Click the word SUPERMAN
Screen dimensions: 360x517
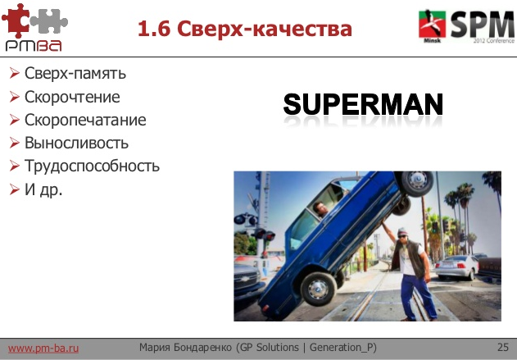click(x=363, y=104)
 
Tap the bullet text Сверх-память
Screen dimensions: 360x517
click(x=75, y=74)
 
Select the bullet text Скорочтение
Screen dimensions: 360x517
click(x=72, y=97)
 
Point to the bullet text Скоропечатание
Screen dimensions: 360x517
click(x=85, y=120)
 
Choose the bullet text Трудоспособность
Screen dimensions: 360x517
click(x=92, y=166)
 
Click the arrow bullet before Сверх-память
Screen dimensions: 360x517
click(x=14, y=74)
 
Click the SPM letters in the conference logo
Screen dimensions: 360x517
click(x=480, y=23)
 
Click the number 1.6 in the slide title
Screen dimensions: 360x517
click(x=152, y=30)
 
